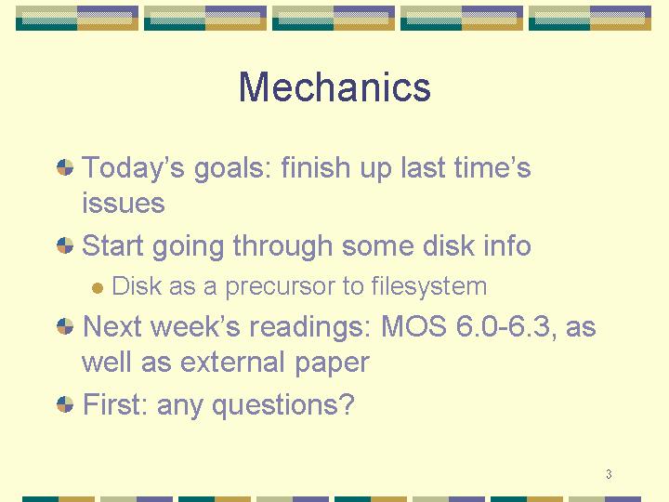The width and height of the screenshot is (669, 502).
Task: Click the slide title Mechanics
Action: click(x=334, y=87)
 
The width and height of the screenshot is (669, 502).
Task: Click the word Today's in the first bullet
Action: click(x=133, y=168)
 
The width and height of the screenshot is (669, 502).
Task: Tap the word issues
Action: click(x=124, y=204)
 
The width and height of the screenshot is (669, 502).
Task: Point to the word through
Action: click(x=282, y=246)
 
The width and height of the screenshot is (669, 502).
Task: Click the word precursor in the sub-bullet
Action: click(x=281, y=287)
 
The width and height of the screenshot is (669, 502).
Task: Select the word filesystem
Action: click(x=428, y=286)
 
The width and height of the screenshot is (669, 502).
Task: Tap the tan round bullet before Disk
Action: click(x=98, y=288)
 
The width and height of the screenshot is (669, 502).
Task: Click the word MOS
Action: click(x=413, y=326)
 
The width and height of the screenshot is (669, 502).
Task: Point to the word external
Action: click(x=232, y=363)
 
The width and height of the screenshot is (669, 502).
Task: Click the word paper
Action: click(x=332, y=363)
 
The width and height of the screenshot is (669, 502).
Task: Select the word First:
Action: click(x=115, y=403)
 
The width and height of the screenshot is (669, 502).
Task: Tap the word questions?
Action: click(x=283, y=404)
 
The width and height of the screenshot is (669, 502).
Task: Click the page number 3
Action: click(x=609, y=474)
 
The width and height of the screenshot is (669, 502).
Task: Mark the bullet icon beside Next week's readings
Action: click(x=65, y=327)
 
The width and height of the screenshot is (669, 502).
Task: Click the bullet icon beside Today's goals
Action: click(x=65, y=167)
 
